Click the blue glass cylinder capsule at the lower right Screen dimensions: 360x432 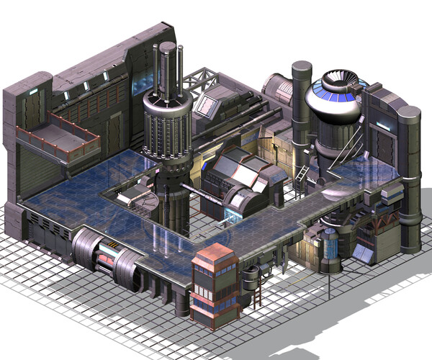pos(330,248)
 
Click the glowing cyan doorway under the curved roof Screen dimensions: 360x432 pos(233,213)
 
